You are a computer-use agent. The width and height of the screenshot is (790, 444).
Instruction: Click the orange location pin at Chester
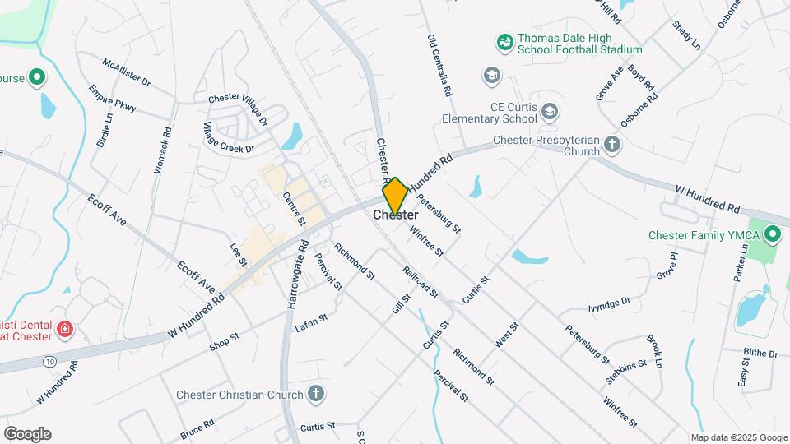[395, 196]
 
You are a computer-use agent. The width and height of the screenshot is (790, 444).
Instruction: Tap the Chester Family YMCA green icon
[772, 236]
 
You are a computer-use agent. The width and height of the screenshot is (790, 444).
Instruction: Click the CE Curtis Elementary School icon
[550, 111]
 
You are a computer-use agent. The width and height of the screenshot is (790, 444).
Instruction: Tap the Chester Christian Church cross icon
[315, 395]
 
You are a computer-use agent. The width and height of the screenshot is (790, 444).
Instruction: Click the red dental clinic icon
[64, 331]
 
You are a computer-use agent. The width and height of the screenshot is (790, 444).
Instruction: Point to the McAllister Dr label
[127, 72]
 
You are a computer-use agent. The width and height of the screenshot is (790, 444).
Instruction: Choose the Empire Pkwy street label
[111, 101]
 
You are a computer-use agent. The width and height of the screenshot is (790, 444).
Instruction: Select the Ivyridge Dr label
[609, 304]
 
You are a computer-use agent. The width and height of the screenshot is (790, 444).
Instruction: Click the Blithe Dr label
[760, 354]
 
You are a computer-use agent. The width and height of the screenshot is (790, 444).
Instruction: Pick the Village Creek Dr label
[229, 137]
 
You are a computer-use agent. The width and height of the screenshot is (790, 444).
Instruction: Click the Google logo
[27, 434]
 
